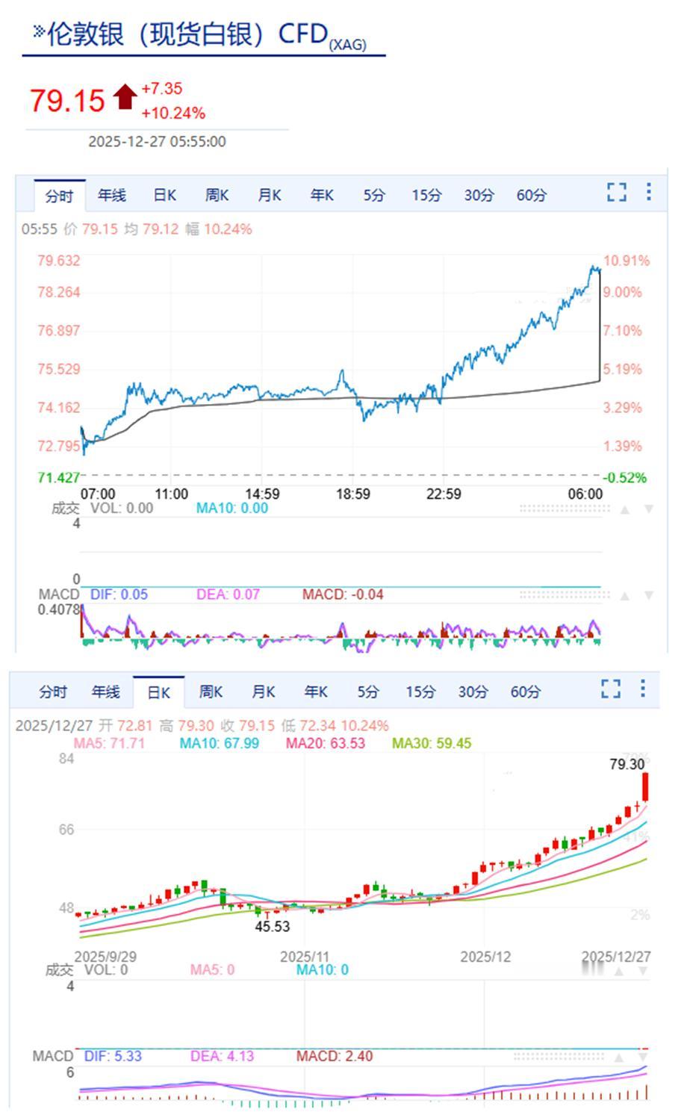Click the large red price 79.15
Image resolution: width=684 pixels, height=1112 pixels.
coord(67,100)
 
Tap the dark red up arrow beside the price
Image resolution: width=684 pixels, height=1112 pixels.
coord(125,96)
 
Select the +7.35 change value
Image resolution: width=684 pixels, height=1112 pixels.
coord(162,89)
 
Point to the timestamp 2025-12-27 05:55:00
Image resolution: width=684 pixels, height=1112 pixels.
coord(157,142)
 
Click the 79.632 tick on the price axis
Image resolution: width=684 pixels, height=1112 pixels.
coord(58,261)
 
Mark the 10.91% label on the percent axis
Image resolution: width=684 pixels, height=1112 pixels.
coord(626,261)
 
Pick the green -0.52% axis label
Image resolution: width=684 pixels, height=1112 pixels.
coord(624,478)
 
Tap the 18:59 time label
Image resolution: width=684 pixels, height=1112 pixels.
coord(352,494)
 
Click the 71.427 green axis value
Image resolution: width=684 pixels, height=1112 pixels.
coord(58,478)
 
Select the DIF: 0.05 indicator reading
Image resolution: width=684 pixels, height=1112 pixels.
coord(119,594)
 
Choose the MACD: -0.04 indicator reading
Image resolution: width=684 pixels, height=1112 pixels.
coord(343,594)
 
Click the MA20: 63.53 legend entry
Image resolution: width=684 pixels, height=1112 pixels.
coord(326,743)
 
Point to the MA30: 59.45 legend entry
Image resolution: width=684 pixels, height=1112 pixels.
coord(432,743)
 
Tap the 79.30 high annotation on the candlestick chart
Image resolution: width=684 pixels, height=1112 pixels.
coord(627,764)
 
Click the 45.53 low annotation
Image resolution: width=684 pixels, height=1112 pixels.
coord(273,926)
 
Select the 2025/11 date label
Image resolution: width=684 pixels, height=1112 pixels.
coord(305,957)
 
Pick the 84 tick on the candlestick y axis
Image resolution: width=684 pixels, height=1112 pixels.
coord(66,759)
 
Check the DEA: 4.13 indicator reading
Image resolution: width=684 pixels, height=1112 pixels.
coord(222,1056)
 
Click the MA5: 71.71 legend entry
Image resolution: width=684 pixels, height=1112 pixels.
coord(109,743)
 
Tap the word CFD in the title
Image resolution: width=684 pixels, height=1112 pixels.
coord(303,34)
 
